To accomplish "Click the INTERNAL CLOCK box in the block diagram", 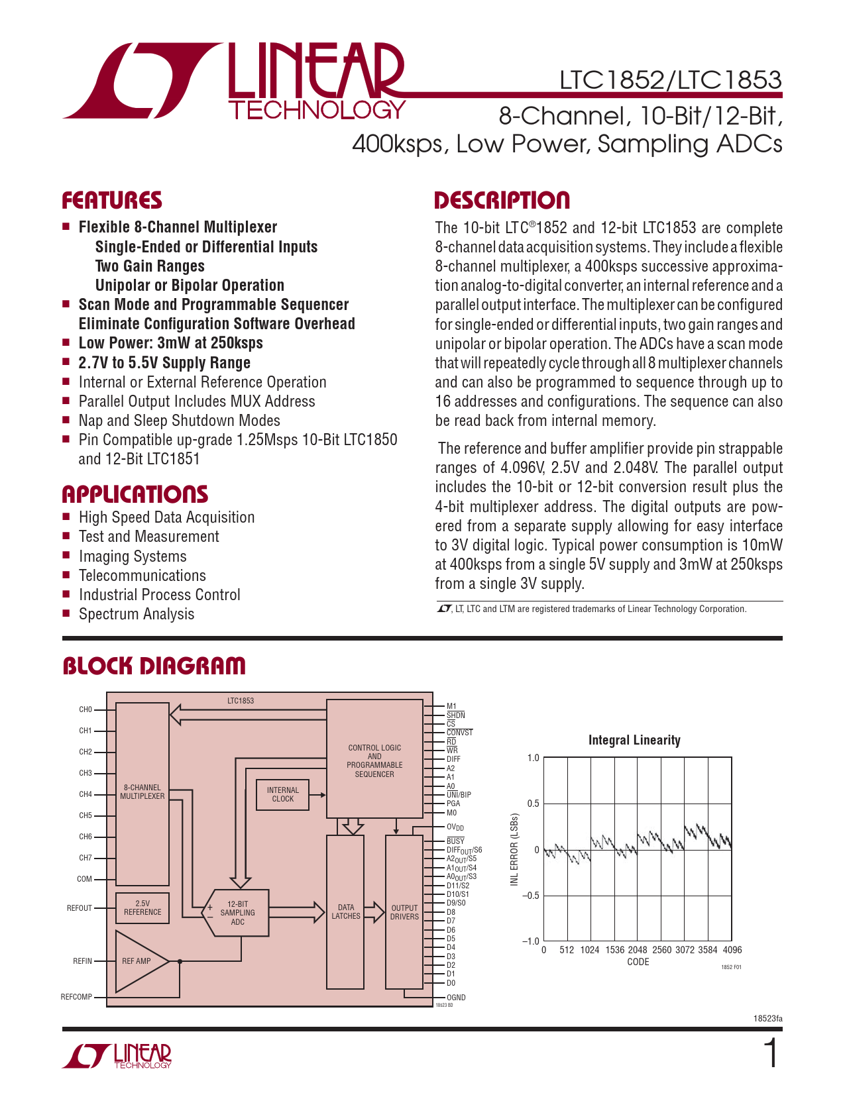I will [x=282, y=794].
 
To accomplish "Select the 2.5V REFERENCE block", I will [x=142, y=908].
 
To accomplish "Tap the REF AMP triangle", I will [x=137, y=961].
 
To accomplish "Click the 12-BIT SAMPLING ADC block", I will [x=238, y=913].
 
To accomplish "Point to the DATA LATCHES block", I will [x=345, y=912].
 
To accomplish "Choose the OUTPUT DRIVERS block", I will [x=404, y=912].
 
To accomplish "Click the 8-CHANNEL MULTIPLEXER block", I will [x=142, y=792].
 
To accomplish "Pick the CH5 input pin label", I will [x=85, y=815].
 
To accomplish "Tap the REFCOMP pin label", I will [x=76, y=997].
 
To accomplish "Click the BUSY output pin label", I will [x=455, y=841].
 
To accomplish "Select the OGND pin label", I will [x=456, y=998].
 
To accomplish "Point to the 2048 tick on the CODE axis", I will [x=638, y=950].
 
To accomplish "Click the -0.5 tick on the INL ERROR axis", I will [x=530, y=896].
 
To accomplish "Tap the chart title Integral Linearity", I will [x=634, y=741].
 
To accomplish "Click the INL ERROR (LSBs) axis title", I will [x=514, y=850].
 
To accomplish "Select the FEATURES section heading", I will [x=112, y=201].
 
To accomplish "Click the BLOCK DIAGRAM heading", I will [x=154, y=666].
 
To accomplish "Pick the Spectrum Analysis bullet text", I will [x=137, y=614].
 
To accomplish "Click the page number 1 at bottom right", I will [x=771, y=1054].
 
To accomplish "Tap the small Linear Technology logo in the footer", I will [x=118, y=1056].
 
